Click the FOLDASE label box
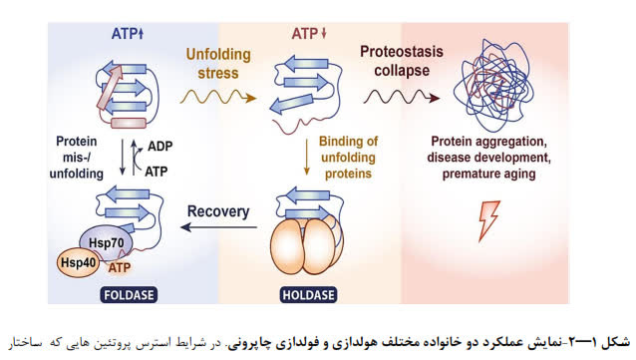[x=129, y=294]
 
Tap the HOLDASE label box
[x=308, y=294]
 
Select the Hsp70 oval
[x=107, y=243]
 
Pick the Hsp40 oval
[x=78, y=262]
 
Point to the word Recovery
[x=218, y=211]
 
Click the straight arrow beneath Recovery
[x=218, y=227]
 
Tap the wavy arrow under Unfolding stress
[x=218, y=98]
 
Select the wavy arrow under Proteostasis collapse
[x=402, y=98]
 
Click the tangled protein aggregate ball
[x=493, y=85]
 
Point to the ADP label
[x=159, y=147]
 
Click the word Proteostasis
[x=402, y=52]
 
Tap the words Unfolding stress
[x=218, y=64]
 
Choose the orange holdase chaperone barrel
[x=307, y=245]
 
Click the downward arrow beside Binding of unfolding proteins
[x=307, y=158]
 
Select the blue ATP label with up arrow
[x=128, y=33]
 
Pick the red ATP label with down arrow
[x=309, y=33]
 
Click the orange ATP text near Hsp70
[x=120, y=267]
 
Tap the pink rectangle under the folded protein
[x=129, y=123]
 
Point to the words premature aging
[x=488, y=174]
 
